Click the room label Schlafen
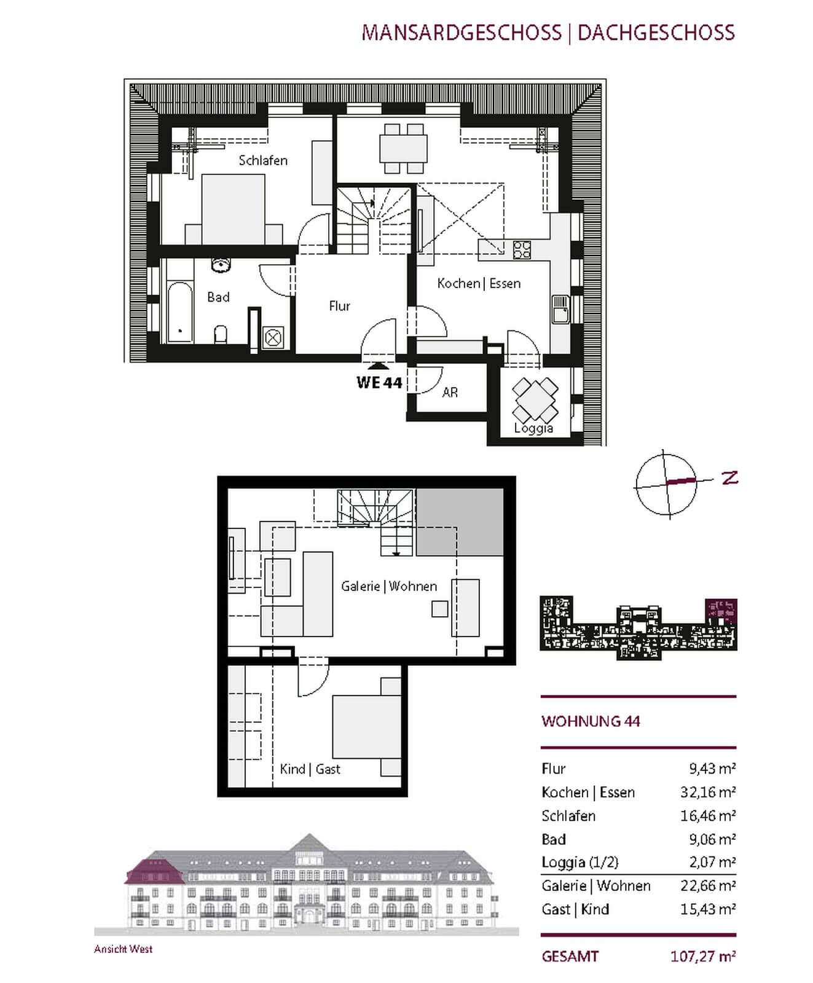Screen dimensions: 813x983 click(x=263, y=160)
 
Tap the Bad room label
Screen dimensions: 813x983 click(x=218, y=297)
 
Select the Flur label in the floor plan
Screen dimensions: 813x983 click(x=339, y=306)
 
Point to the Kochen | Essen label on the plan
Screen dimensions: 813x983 click(x=479, y=283)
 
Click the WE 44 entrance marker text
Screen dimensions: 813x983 click(x=379, y=383)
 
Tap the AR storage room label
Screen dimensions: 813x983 click(x=450, y=392)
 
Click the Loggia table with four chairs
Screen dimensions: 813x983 click(x=535, y=399)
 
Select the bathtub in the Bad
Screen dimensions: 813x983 click(x=179, y=312)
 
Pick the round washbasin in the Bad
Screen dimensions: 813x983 click(x=221, y=265)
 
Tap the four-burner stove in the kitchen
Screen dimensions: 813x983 click(x=522, y=249)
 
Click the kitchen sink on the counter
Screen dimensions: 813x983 click(x=560, y=308)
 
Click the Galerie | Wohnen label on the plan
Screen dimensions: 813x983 click(x=389, y=586)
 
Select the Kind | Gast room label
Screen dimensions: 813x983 click(x=310, y=769)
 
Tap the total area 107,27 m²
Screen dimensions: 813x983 click(x=703, y=956)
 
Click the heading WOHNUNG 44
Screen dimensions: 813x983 click(x=591, y=721)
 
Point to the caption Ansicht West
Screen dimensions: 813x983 click(x=123, y=949)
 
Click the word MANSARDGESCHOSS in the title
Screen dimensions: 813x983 click(x=461, y=32)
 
